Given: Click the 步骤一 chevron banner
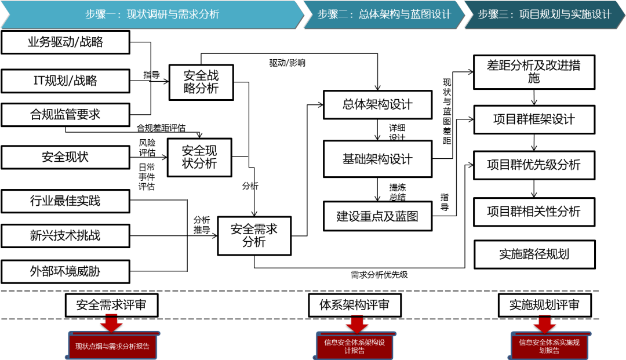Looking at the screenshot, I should click(x=152, y=14).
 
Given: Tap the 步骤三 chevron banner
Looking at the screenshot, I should click(x=544, y=14).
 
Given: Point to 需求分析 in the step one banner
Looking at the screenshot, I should click(x=198, y=14).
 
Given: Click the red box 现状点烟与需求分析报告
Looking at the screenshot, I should click(x=112, y=347).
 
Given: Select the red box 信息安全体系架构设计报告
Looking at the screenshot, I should click(x=354, y=346).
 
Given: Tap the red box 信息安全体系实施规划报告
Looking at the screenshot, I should click(x=549, y=346).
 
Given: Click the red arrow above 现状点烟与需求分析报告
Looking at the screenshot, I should click(x=111, y=323).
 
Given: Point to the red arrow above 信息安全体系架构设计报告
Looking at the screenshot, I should click(x=357, y=323).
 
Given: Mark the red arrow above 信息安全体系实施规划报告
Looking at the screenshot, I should click(x=544, y=323).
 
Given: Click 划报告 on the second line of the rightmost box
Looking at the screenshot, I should click(x=549, y=351).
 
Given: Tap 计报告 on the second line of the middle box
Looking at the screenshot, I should click(x=354, y=351).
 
